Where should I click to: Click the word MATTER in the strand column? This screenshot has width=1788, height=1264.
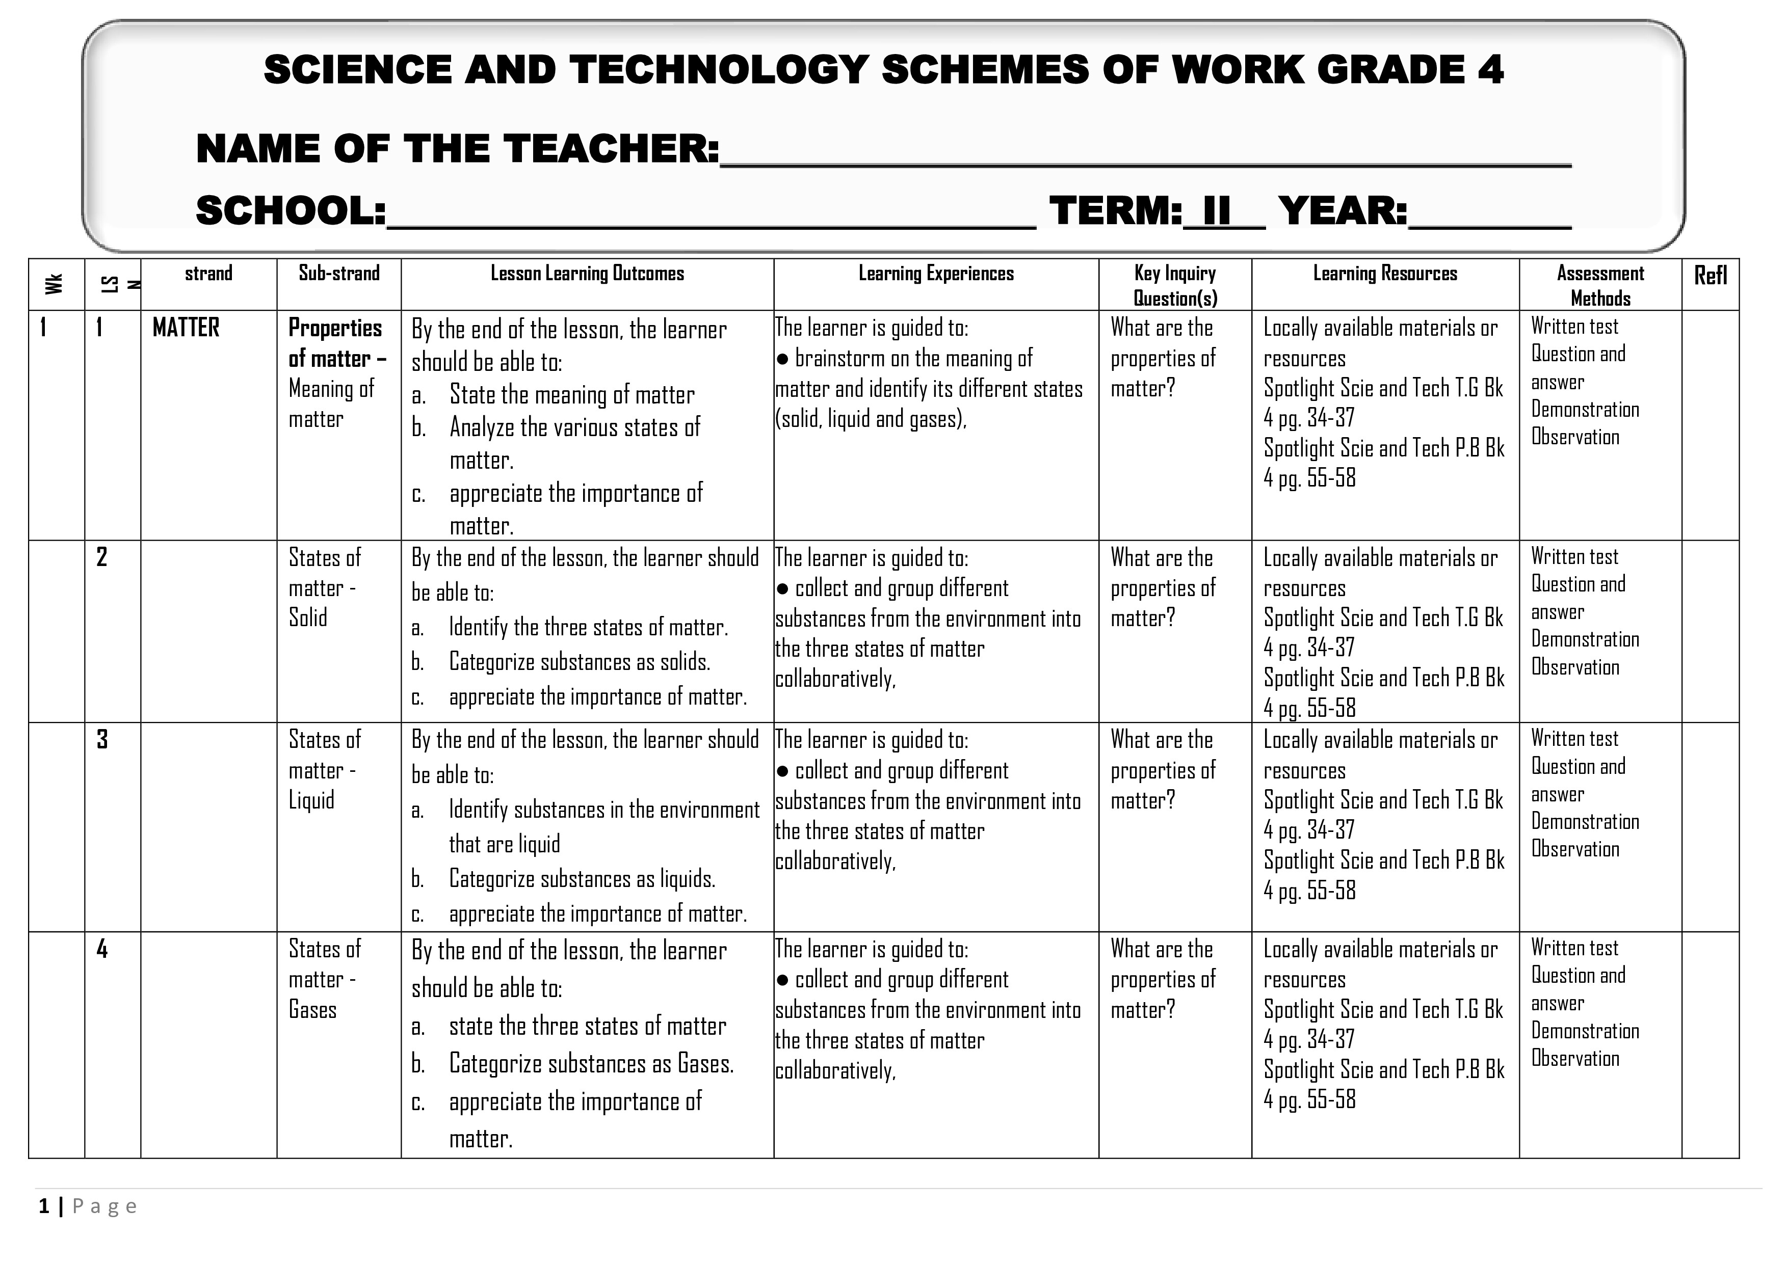coord(186,328)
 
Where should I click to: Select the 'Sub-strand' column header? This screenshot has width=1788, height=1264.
coord(339,273)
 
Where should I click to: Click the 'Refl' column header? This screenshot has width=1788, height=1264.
coord(1710,276)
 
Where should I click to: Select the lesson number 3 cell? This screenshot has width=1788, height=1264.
coord(102,739)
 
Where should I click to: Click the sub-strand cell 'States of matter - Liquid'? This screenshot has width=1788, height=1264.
coord(324,770)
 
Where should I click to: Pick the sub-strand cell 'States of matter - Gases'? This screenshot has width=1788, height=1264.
coord(324,979)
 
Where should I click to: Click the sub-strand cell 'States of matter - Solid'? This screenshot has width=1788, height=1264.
coord(324,587)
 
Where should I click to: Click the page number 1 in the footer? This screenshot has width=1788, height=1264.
coord(44,1206)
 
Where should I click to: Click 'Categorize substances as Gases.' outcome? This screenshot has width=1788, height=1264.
coord(591,1064)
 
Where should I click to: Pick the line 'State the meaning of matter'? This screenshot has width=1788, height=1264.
coord(571,395)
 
